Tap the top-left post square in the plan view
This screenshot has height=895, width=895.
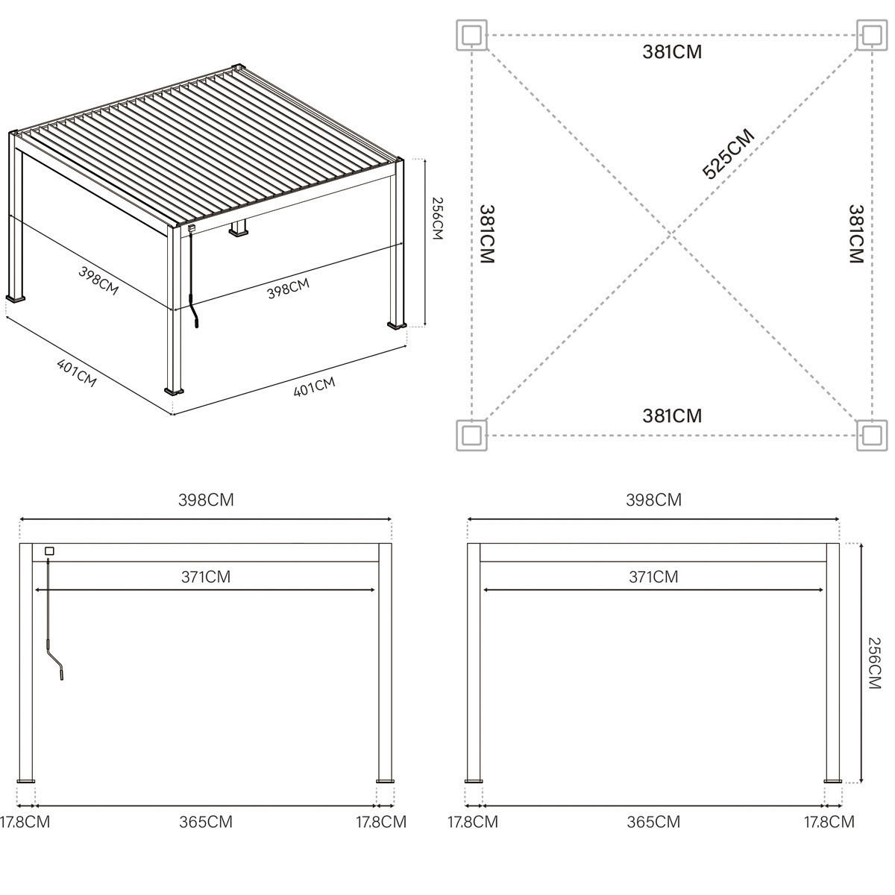tap(471, 34)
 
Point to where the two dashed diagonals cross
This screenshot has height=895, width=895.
tap(671, 235)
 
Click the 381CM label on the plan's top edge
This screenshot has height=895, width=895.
tap(672, 52)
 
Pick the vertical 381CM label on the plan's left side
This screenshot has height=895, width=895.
tap(487, 234)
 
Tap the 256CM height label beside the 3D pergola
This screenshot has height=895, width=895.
tap(437, 219)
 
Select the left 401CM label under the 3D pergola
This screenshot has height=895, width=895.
tap(77, 372)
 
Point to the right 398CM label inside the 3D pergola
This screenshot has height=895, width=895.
tap(288, 289)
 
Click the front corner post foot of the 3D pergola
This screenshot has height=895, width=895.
tap(175, 389)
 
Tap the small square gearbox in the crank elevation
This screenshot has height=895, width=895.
tap(49, 551)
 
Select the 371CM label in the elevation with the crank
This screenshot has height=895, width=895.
tap(205, 577)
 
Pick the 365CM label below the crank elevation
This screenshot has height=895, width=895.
tap(205, 822)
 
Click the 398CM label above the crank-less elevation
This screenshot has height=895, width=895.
tap(653, 500)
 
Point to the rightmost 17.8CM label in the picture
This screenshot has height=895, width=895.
tap(829, 822)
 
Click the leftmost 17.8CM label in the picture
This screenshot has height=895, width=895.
tap(25, 822)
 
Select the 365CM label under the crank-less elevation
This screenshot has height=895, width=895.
tap(653, 822)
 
